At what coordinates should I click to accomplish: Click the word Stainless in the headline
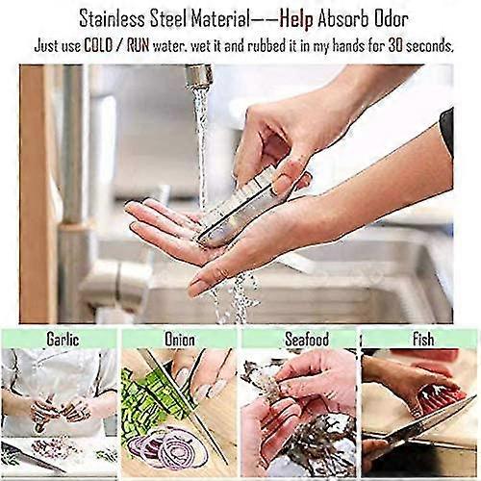point(113,19)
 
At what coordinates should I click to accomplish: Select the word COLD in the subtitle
point(98,46)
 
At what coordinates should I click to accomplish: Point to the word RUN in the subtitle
point(139,46)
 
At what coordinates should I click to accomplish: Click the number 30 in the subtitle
point(396,46)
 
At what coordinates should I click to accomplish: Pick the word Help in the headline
point(296,20)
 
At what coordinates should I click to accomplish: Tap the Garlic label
point(63,339)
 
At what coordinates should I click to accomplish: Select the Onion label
point(180,340)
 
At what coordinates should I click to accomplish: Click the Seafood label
point(307,339)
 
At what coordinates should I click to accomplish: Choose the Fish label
point(423,339)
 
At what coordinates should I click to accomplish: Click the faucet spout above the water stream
point(199,75)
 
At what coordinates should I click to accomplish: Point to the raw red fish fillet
point(443,397)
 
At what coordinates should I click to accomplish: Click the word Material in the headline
point(220,19)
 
